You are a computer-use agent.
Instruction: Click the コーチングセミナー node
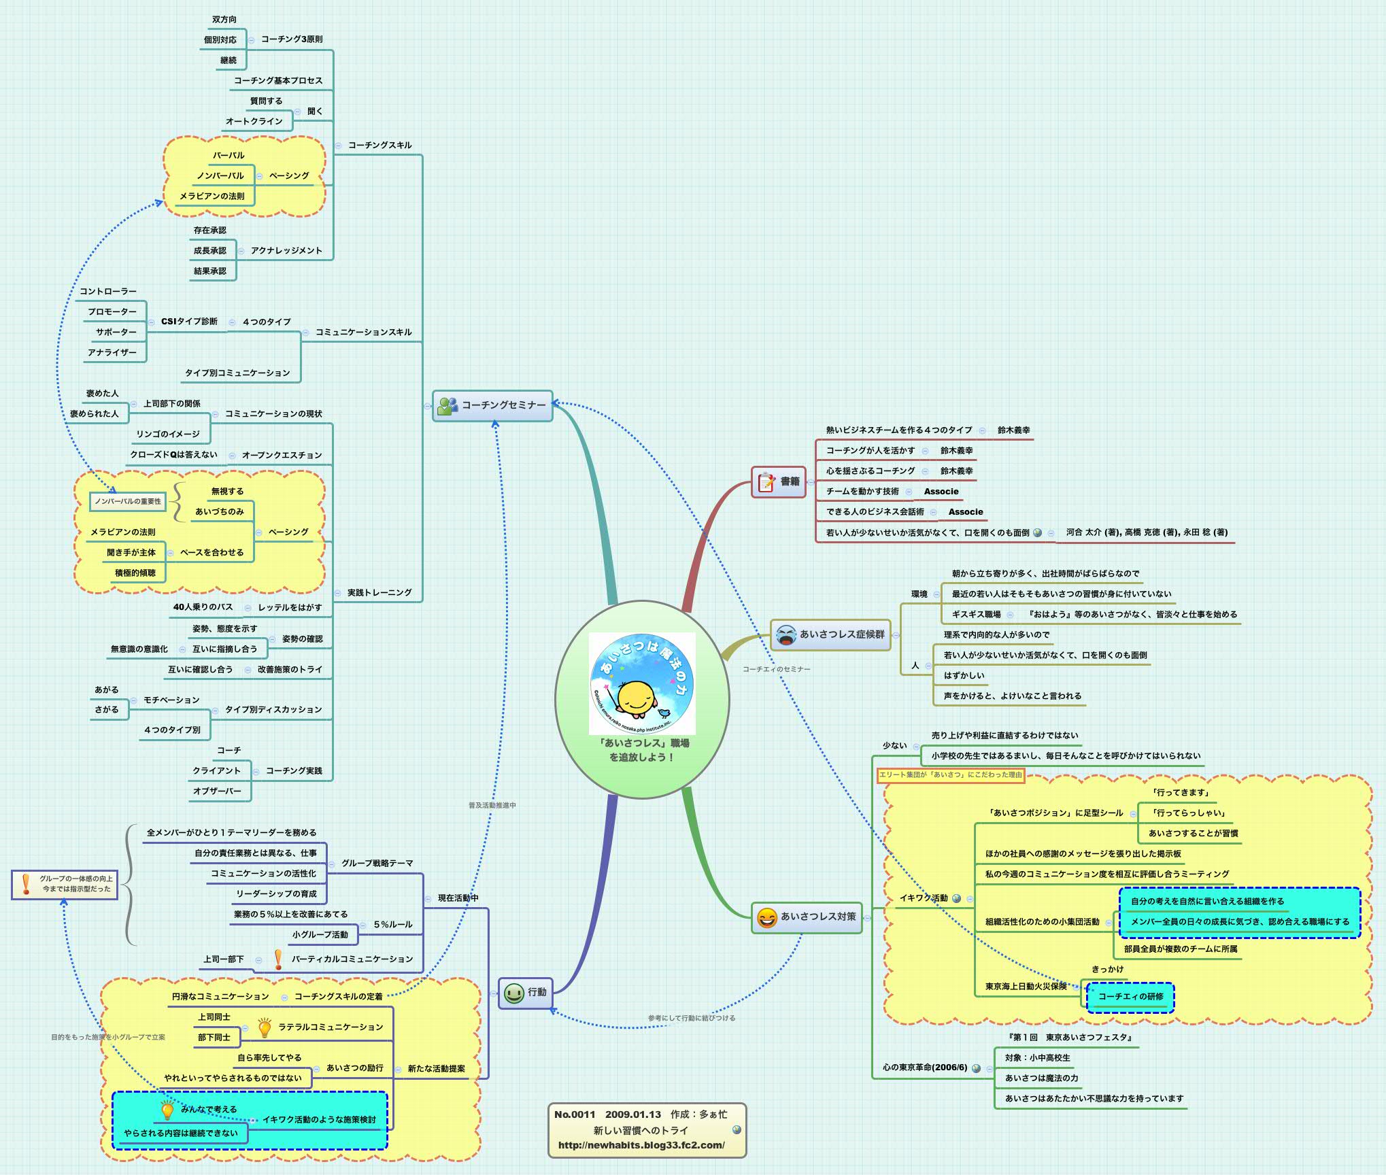point(493,405)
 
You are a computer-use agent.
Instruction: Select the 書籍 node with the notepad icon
point(779,481)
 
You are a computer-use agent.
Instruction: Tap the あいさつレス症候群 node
point(830,634)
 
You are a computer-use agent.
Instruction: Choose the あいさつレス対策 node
point(807,917)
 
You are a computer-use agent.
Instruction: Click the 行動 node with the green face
point(525,993)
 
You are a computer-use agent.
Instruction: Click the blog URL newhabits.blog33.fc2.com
point(641,1145)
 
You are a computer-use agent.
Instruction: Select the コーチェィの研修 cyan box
point(1130,997)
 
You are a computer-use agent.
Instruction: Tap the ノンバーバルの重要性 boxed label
point(128,502)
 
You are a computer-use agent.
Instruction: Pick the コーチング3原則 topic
point(292,39)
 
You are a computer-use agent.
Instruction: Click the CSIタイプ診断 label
point(189,322)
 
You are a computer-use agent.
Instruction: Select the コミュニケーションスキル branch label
point(363,333)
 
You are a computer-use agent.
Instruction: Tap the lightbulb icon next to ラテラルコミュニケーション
point(265,1028)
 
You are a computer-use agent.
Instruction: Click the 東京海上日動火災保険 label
point(1026,987)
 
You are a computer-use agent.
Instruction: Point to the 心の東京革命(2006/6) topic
point(924,1068)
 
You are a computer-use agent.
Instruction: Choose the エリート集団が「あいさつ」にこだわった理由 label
point(950,775)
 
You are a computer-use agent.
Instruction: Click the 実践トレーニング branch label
point(379,593)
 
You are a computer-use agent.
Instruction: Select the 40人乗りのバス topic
point(203,607)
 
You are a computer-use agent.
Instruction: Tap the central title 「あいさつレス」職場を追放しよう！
point(642,750)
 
